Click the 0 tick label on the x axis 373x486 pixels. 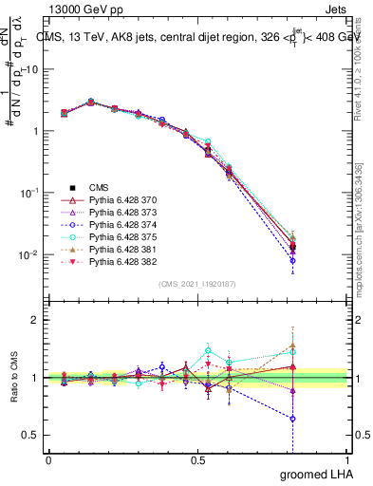tap(48, 459)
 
